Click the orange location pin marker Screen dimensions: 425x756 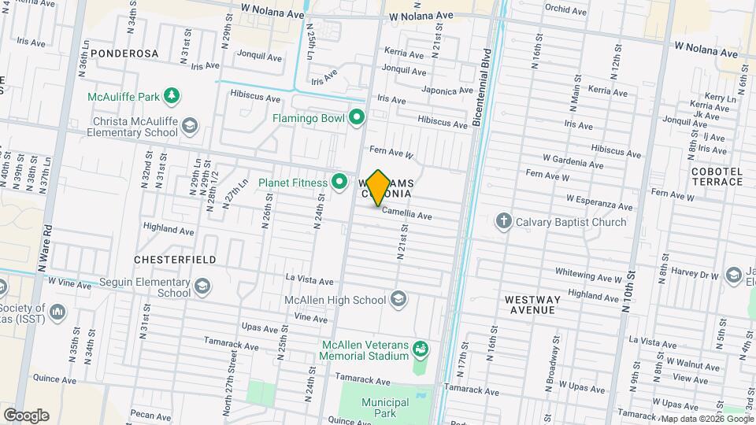378,187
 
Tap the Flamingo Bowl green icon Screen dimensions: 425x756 357,118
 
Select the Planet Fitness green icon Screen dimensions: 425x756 339,183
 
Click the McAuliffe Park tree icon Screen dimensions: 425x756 171,96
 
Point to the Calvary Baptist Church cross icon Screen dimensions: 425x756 504,221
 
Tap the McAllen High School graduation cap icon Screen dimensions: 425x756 398,299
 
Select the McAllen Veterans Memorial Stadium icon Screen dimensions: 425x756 421,347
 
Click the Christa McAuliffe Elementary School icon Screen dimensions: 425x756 190,125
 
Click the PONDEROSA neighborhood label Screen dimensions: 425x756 124,54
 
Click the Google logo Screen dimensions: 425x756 26,415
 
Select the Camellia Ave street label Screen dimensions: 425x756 407,215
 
